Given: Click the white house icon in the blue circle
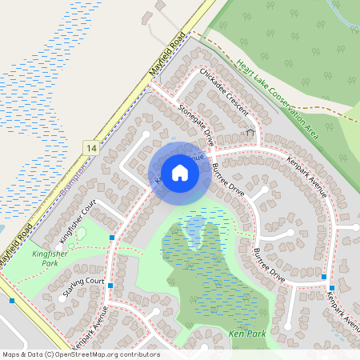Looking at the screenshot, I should (x=180, y=172).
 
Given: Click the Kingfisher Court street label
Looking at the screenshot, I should (x=78, y=221).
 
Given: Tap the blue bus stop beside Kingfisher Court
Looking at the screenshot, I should (x=112, y=238).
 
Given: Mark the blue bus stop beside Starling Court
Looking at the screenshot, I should (x=110, y=286).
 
